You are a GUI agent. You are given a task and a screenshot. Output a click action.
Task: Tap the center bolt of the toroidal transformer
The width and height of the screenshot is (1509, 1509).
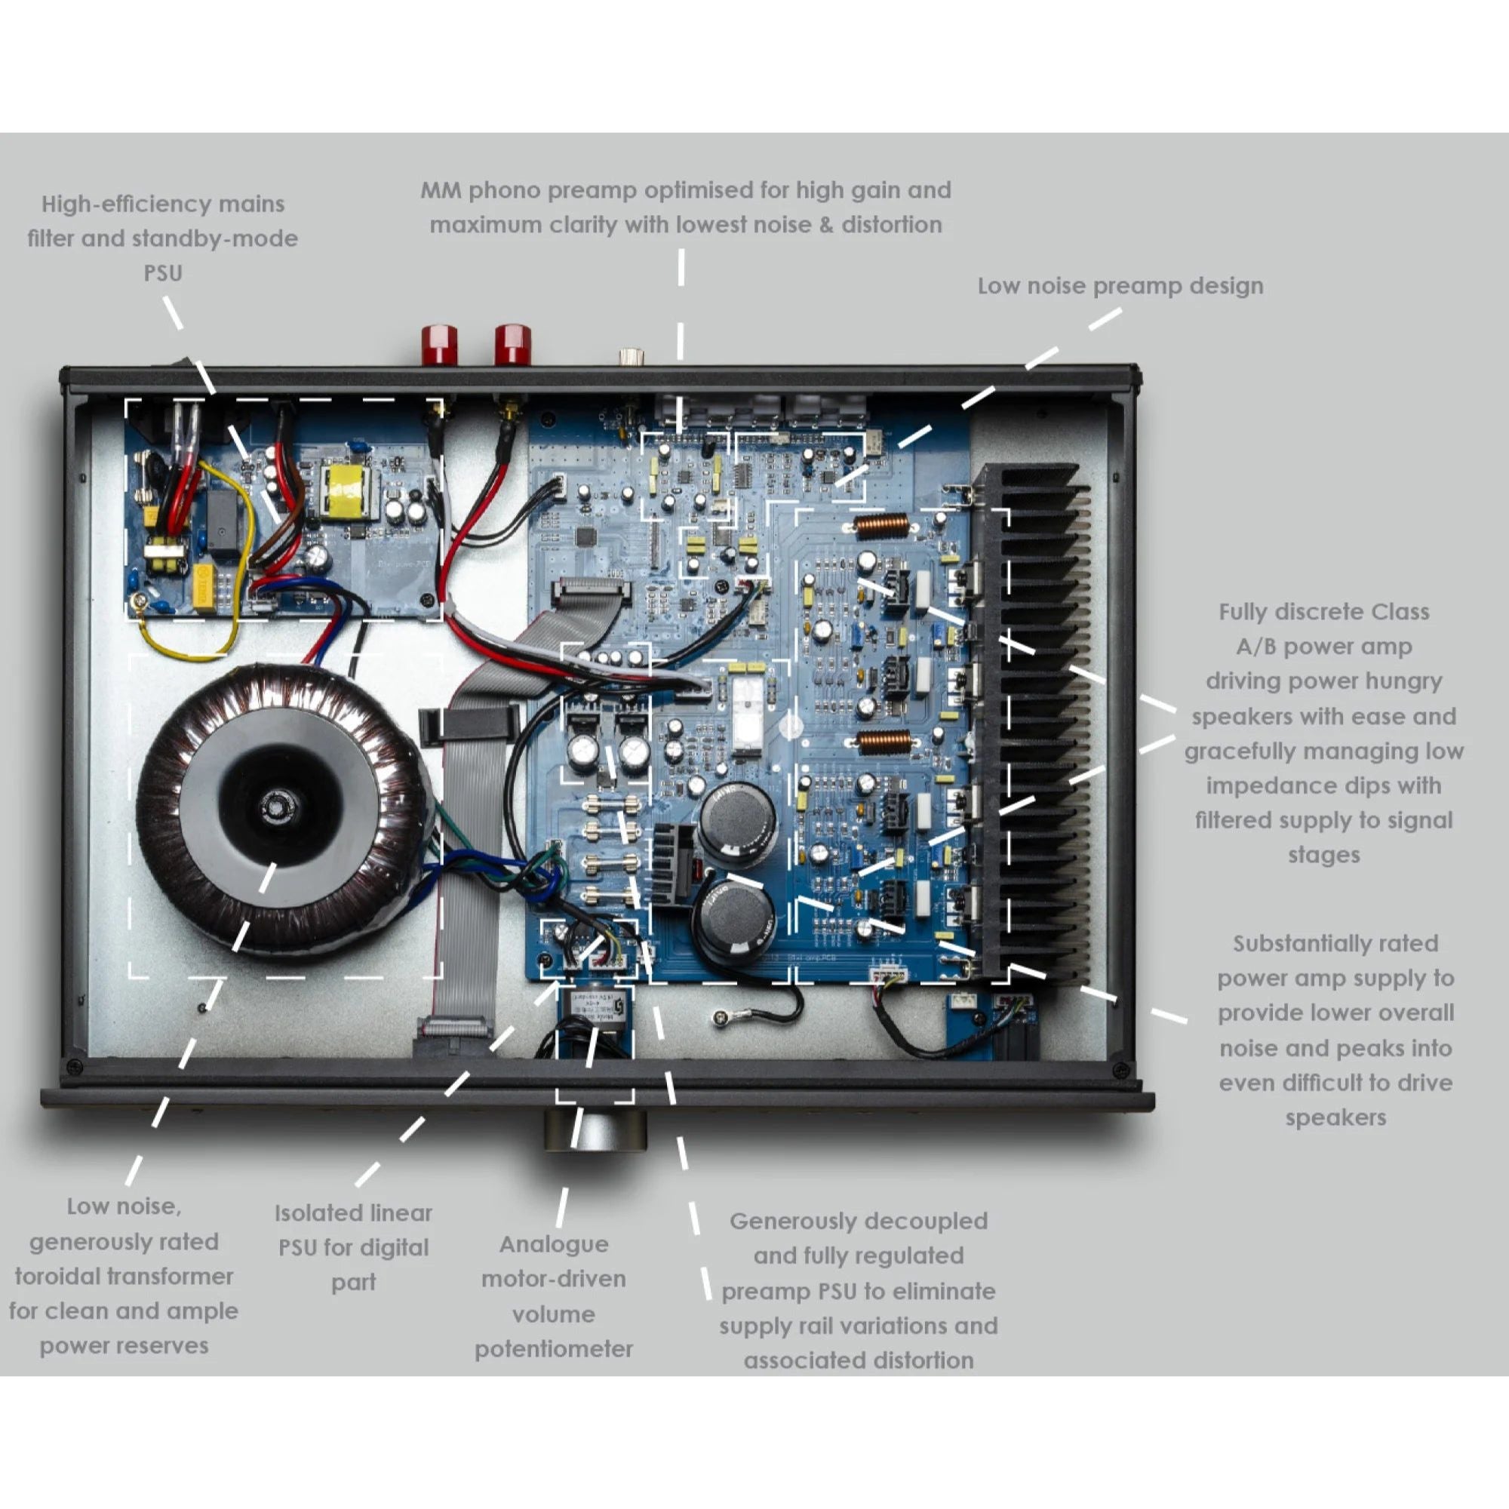click(275, 804)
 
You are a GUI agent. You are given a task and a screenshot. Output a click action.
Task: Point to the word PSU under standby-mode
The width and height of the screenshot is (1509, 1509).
click(162, 272)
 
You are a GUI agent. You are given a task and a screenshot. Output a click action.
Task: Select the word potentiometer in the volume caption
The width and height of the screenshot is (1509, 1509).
click(553, 1349)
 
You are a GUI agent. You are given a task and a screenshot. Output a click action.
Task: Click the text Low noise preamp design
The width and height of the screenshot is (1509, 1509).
click(1120, 286)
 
